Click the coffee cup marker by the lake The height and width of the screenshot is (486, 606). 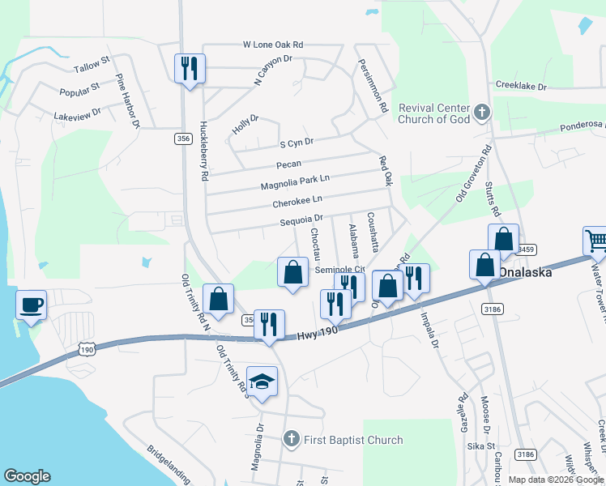[32, 305]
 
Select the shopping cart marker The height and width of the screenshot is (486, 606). [596, 241]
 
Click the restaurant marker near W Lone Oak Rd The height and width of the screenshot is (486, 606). [190, 69]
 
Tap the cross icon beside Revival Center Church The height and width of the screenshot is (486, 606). [482, 113]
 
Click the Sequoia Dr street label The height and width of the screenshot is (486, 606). [302, 218]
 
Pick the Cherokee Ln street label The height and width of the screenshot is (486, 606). [297, 199]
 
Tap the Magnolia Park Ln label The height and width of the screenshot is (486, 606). [296, 182]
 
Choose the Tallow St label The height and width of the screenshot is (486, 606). [90, 64]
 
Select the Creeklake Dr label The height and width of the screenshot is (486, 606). [521, 86]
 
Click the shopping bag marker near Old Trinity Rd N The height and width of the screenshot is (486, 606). [219, 299]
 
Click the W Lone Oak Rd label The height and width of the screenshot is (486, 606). [272, 45]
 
